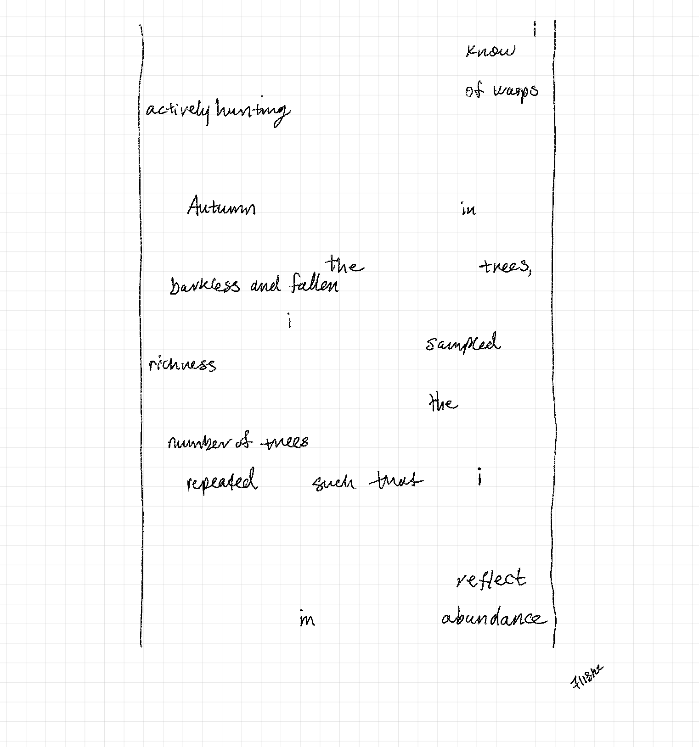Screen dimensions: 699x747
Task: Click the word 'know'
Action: tap(490, 51)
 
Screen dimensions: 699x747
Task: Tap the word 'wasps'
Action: tap(515, 91)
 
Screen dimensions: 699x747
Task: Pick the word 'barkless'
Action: tap(204, 286)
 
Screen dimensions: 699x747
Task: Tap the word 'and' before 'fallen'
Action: tap(265, 286)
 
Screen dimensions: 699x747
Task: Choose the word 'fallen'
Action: tap(314, 285)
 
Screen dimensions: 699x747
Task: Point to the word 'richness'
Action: tap(182, 365)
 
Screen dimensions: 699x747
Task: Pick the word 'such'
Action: tap(334, 483)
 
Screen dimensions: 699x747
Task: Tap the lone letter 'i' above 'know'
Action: tap(534, 30)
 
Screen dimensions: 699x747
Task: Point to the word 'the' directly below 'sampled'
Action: tap(443, 403)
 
